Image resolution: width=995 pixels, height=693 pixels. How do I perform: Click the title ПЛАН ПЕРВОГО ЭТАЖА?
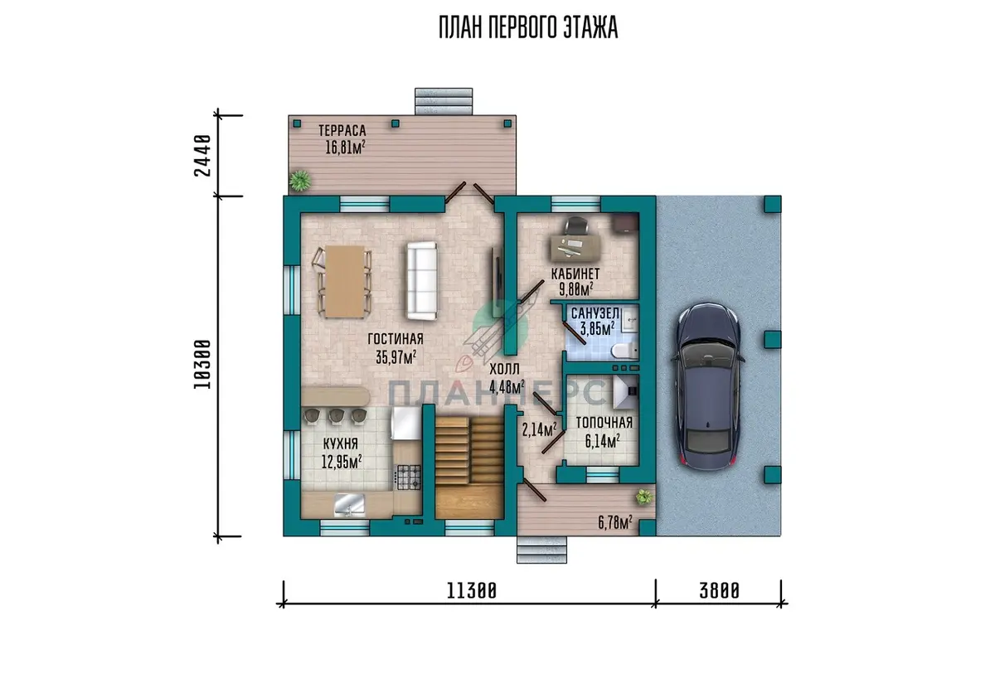[x=528, y=27]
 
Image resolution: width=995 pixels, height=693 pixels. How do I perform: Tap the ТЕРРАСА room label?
[x=342, y=130]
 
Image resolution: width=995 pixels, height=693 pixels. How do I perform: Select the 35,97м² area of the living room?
[x=396, y=356]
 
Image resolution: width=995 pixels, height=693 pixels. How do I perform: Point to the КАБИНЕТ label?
[x=575, y=274]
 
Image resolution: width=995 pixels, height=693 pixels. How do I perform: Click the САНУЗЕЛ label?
[x=595, y=313]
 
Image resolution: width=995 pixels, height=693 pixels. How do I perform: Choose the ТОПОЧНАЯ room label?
[x=604, y=423]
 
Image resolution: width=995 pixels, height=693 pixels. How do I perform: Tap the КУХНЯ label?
[x=340, y=443]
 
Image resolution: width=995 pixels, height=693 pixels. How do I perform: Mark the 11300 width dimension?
[x=471, y=591]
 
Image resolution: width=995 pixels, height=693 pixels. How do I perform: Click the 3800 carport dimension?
[x=719, y=591]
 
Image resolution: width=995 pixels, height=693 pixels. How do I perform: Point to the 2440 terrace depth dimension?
[x=202, y=155]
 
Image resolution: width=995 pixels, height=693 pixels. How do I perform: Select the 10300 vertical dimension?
[x=202, y=365]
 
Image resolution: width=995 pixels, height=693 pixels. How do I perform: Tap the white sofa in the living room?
[x=420, y=280]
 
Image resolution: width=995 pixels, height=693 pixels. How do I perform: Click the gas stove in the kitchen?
[x=408, y=477]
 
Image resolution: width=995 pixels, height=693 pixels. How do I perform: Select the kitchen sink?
[x=349, y=505]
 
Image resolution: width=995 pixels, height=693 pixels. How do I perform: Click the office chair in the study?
[x=576, y=226]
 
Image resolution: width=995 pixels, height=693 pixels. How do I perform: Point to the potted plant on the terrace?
[x=300, y=181]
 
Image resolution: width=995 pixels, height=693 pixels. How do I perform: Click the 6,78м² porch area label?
[x=615, y=523]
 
